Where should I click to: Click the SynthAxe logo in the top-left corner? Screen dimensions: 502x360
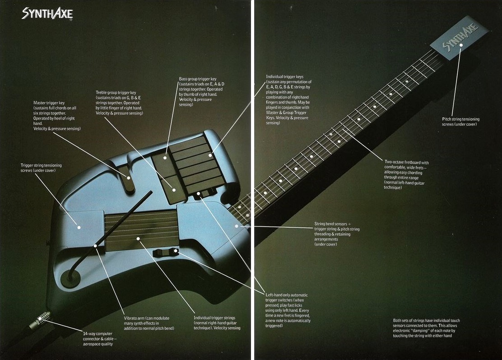coord(47,14)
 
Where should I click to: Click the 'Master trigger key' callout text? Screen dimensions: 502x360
coord(57,115)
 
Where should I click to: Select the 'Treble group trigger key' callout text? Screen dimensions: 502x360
coord(119,103)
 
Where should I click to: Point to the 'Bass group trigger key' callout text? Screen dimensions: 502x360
coord(201,92)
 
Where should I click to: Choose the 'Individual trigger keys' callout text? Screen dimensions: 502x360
coord(288,100)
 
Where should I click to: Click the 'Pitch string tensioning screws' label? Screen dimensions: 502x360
coord(461,122)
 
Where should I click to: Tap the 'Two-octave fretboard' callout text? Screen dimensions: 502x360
coord(406,175)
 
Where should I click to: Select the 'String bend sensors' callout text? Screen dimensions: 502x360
coord(337,234)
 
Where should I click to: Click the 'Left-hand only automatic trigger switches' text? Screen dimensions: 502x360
coord(288,310)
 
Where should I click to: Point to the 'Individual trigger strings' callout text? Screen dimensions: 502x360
coord(217,323)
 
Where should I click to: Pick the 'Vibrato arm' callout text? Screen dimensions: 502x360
coord(149,323)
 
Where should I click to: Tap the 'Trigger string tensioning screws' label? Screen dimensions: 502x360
coord(41,168)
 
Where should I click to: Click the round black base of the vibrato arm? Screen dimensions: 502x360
coord(70,278)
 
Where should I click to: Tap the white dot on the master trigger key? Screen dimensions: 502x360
coord(128,178)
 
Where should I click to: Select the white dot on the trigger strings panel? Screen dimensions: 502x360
coord(138,238)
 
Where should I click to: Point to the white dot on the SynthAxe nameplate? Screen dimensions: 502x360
coord(460,45)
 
